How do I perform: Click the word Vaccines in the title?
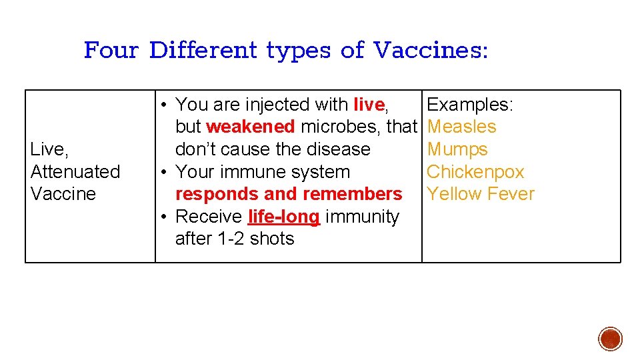[431, 50]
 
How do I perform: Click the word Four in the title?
[111, 50]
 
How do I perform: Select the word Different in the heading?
[203, 50]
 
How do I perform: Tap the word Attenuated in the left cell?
[75, 171]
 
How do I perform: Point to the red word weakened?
[251, 127]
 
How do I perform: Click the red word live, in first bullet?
[370, 105]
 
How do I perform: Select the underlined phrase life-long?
[284, 217]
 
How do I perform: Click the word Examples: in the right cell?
[470, 105]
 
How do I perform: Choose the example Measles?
[461, 127]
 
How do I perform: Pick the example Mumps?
[457, 149]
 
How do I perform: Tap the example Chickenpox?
[475, 171]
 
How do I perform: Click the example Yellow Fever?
[481, 194]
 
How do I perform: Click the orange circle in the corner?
[611, 339]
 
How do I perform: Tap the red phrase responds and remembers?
[289, 194]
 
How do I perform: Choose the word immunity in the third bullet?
[363, 217]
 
